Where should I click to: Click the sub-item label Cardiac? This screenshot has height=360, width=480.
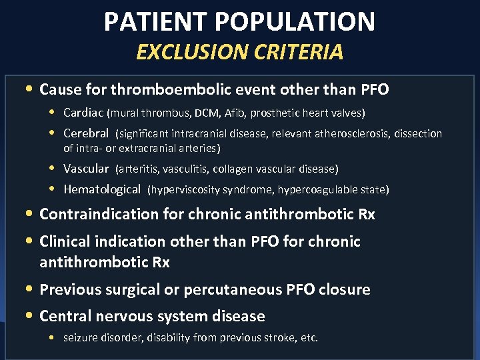point(83,113)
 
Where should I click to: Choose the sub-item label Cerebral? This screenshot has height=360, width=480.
point(86,133)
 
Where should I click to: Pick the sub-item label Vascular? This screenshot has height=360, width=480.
point(86,169)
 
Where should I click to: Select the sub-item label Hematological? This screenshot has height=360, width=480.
point(102,189)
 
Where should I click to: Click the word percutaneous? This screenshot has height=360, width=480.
point(234,289)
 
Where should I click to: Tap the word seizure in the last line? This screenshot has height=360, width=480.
point(79,338)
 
